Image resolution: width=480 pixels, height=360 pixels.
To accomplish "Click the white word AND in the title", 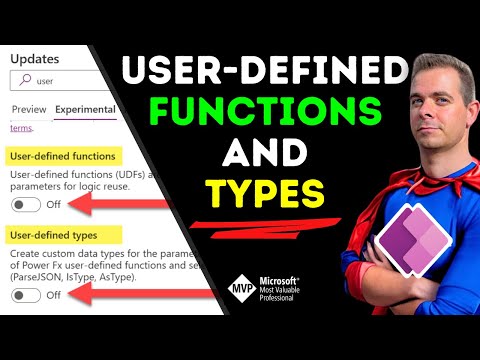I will pyautogui.click(x=263, y=151).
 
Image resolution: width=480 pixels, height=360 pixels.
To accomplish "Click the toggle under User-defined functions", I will pyautogui.click(x=26, y=204).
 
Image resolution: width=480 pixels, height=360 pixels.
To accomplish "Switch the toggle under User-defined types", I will pyautogui.click(x=26, y=295).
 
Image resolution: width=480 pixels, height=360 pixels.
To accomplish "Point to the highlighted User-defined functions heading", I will pyautogui.click(x=61, y=156).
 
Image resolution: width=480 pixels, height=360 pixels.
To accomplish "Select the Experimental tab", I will pyautogui.click(x=85, y=110).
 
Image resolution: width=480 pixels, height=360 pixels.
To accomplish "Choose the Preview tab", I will pyautogui.click(x=28, y=110).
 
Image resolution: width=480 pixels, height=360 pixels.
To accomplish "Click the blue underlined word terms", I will pyautogui.click(x=20, y=128).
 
